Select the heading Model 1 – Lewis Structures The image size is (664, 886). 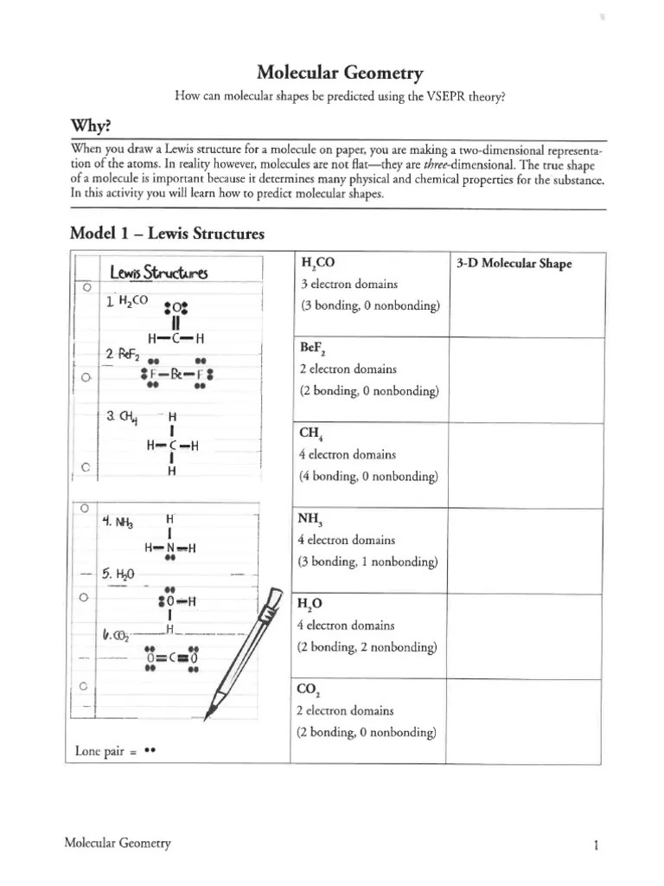pyautogui.click(x=167, y=234)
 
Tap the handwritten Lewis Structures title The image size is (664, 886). pyautogui.click(x=159, y=274)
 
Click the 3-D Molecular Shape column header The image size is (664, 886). pyautogui.click(x=514, y=264)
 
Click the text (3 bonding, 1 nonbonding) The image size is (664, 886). pyautogui.click(x=369, y=562)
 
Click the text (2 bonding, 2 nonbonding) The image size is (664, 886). pyautogui.click(x=369, y=647)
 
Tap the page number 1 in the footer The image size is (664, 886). pyautogui.click(x=597, y=845)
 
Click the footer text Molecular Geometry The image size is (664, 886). pyautogui.click(x=118, y=844)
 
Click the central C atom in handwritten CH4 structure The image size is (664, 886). pyautogui.click(x=173, y=446)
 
